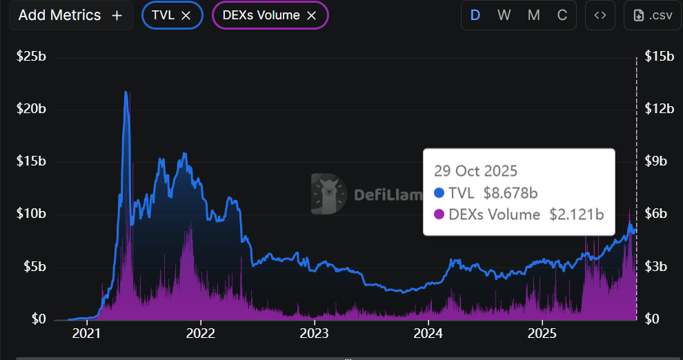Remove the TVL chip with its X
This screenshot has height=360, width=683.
coord(186,16)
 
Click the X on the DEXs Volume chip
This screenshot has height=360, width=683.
coord(311,16)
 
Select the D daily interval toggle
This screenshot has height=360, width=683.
coord(475,15)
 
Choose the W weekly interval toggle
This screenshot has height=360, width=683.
coord(504,15)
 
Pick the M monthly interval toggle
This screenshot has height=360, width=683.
coord(533,15)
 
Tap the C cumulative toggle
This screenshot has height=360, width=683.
coord(562,15)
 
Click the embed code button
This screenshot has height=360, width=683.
coord(600,15)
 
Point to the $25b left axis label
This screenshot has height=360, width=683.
coord(32,57)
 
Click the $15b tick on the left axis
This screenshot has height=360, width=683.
coord(32,161)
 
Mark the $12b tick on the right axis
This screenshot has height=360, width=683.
coord(658,109)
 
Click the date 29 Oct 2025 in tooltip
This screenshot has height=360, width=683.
coord(475,170)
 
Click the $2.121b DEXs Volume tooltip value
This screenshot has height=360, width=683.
coord(577,214)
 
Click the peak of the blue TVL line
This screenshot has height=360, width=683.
coord(126,92)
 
